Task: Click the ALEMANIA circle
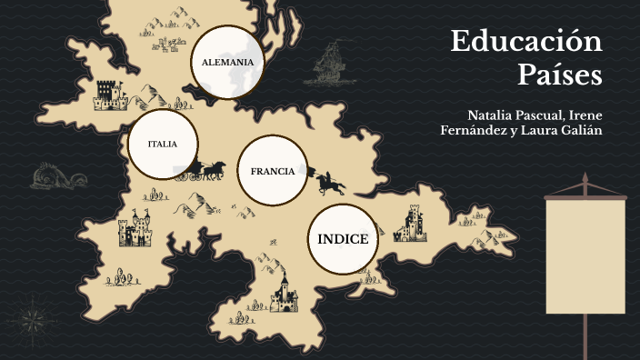pyautogui.click(x=227, y=62)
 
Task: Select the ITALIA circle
pyautogui.click(x=163, y=144)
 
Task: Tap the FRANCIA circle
pyautogui.click(x=273, y=171)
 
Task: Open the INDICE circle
pyautogui.click(x=343, y=239)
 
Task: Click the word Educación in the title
pyautogui.click(x=526, y=42)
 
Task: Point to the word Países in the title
pyautogui.click(x=560, y=75)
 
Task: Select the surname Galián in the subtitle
pyautogui.click(x=583, y=131)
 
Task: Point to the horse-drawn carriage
pyautogui.click(x=207, y=170)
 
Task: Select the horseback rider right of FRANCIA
pyautogui.click(x=329, y=182)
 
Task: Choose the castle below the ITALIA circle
pyautogui.click(x=135, y=229)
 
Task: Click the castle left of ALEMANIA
pyautogui.click(x=107, y=94)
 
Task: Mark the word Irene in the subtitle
pyautogui.click(x=583, y=115)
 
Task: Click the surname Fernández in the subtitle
pyautogui.click(x=472, y=131)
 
